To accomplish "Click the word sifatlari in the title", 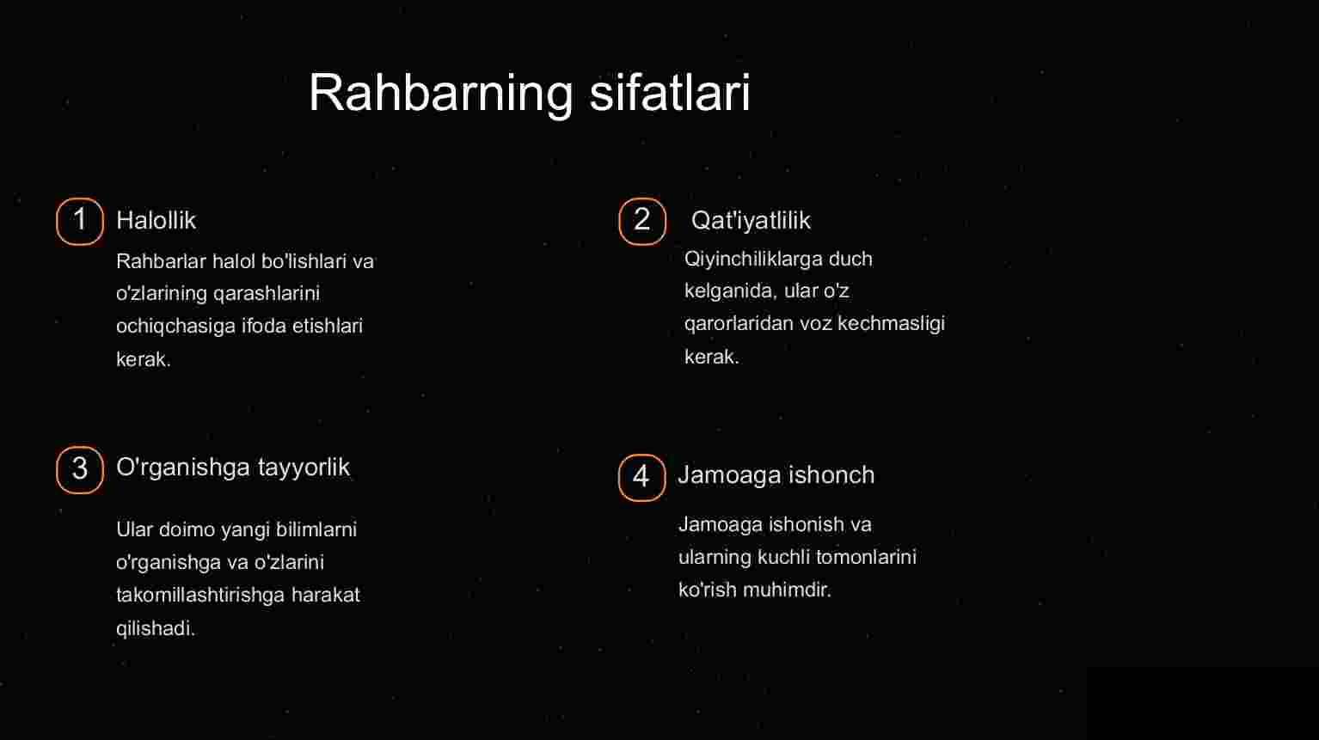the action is pyautogui.click(x=670, y=92).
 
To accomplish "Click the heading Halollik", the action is pyautogui.click(x=156, y=221).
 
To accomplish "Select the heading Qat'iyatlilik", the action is pyautogui.click(x=751, y=221).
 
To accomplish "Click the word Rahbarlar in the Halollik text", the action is pyautogui.click(x=161, y=261).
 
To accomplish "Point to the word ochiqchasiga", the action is pyautogui.click(x=175, y=326).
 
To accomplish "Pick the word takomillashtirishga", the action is pyautogui.click(x=200, y=595).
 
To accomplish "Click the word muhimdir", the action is pyautogui.click(x=787, y=590).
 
